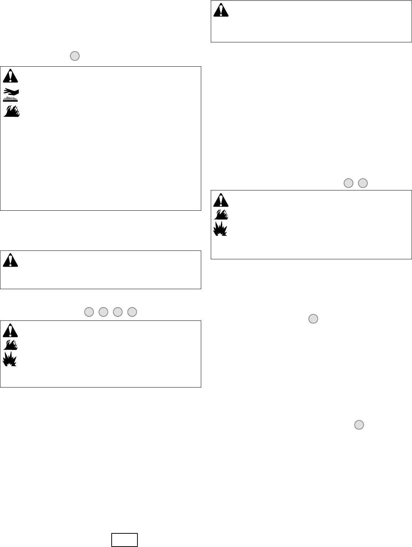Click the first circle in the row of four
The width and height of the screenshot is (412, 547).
[x=89, y=312]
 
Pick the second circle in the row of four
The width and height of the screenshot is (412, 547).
[x=104, y=312]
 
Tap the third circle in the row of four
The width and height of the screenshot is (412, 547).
[x=118, y=312]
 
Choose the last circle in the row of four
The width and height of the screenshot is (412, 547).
[x=132, y=312]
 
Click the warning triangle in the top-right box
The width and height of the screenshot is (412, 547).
[x=221, y=10]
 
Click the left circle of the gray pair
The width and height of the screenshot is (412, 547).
[x=348, y=183]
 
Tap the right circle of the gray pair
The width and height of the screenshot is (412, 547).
[x=363, y=183]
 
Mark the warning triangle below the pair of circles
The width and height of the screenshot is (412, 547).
[x=221, y=200]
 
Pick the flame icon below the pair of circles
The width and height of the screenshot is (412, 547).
[x=221, y=214]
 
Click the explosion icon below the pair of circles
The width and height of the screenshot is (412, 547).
[x=221, y=228]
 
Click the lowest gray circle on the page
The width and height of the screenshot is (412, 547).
[x=359, y=425]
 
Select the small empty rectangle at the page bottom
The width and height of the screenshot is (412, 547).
[x=125, y=540]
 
